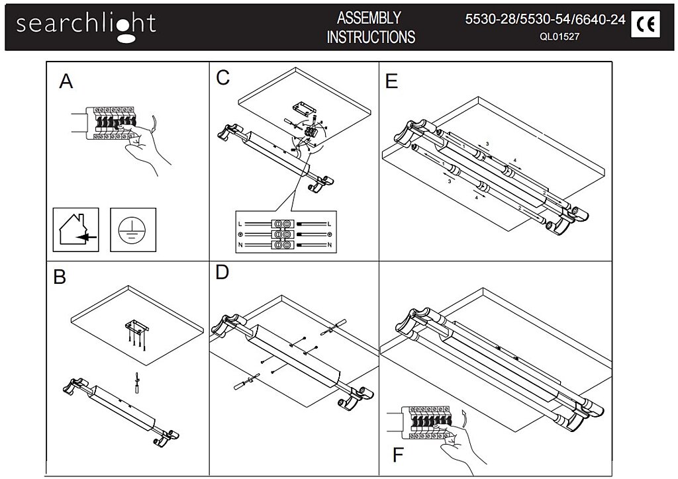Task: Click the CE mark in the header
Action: [645, 25]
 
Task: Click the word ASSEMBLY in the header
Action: [369, 17]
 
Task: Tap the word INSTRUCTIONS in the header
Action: [371, 37]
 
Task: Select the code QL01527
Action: [559, 38]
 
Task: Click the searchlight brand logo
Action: [86, 25]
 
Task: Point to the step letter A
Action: [66, 81]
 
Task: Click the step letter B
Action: [60, 277]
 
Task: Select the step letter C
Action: [223, 77]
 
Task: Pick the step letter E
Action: [391, 81]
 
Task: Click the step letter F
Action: [398, 456]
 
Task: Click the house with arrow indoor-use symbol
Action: [75, 230]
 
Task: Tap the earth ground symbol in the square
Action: [132, 230]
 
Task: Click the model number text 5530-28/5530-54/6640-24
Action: [546, 19]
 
